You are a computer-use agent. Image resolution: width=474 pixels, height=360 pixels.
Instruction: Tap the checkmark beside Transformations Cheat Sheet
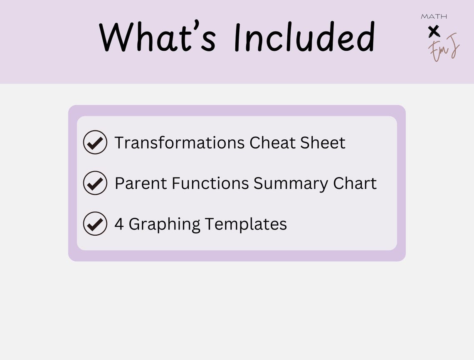[x=95, y=143]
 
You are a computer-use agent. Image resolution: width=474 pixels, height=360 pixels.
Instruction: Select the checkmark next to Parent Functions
[x=95, y=183]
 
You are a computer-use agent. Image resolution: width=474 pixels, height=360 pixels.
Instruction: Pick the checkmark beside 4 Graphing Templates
[x=95, y=224]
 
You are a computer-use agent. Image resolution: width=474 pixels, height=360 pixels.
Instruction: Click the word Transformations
[x=180, y=143]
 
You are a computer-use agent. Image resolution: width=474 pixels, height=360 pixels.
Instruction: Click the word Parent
[x=140, y=183]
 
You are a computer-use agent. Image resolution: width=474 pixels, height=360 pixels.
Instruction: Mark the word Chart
[x=355, y=183]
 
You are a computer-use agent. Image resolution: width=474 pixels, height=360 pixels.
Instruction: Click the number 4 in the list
[x=119, y=224]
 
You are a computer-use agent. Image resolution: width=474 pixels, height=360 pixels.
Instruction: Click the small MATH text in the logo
[x=434, y=17]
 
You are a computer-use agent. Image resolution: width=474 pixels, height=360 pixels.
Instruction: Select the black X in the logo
[x=434, y=31]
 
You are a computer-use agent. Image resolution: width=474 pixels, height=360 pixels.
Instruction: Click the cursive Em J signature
[x=444, y=48]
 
